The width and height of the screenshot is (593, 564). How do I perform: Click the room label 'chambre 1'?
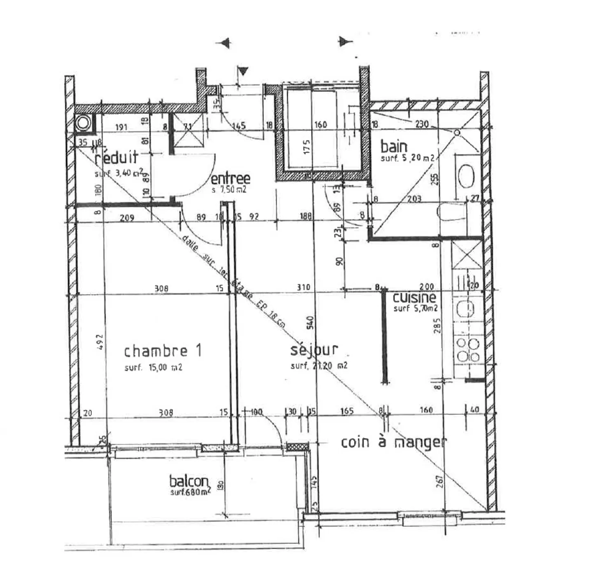(x=163, y=351)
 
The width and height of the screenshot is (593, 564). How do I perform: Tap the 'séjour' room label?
(x=314, y=350)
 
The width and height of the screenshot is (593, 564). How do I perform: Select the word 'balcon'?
(x=189, y=481)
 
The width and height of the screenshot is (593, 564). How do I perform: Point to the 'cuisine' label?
(x=414, y=298)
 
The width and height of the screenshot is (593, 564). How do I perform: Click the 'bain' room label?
(x=394, y=147)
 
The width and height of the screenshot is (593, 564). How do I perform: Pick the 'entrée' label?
(x=230, y=178)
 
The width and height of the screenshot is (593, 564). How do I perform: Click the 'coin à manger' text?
(x=393, y=442)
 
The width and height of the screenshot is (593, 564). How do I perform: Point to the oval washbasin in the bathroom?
(x=466, y=176)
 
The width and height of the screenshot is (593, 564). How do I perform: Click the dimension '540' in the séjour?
(x=311, y=322)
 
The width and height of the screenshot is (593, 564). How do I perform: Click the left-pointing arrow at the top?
(x=224, y=43)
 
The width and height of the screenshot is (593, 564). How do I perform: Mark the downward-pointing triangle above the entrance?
(x=243, y=71)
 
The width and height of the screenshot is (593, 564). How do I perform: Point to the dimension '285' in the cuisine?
(x=437, y=325)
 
